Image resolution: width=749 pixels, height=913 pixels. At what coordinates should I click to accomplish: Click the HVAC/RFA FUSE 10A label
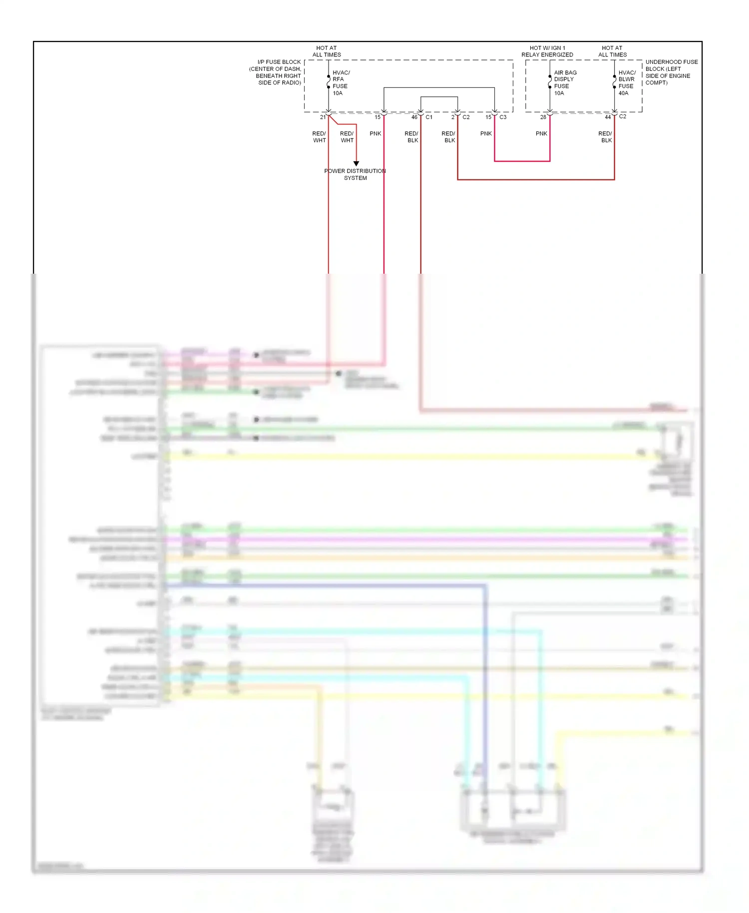coord(341,83)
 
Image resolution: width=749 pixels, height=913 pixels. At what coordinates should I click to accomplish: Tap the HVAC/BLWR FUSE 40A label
coord(627,83)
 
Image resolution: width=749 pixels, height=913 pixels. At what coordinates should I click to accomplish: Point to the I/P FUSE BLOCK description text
coord(276,72)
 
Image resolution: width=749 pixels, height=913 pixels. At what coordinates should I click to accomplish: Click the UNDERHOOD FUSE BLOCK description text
coord(671,72)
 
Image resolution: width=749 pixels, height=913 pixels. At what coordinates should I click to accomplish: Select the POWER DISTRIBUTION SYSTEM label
coord(355,174)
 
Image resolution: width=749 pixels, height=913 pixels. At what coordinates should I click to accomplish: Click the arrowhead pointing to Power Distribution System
coord(356,163)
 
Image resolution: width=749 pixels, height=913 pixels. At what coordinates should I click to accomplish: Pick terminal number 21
coord(323,117)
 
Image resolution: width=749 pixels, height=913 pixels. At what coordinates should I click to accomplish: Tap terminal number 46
coord(414,117)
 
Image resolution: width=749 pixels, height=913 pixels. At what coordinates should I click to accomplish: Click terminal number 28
coord(543,117)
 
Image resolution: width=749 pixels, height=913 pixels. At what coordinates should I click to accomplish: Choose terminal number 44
coord(608,117)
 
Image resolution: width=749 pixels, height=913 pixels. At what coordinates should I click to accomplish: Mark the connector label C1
coord(429,117)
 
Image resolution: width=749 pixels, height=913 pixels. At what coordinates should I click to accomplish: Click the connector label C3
coord(503,117)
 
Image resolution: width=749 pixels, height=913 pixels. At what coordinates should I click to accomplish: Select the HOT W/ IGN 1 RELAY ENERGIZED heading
coord(547,51)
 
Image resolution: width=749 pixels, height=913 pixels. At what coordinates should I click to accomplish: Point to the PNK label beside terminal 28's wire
coord(541,134)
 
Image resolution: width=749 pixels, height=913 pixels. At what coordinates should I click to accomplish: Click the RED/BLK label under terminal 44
coord(605,137)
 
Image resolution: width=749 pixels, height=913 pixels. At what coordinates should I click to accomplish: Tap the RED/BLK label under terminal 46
coord(411,137)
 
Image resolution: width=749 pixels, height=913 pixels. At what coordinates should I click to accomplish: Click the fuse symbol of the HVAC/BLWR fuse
coord(614,81)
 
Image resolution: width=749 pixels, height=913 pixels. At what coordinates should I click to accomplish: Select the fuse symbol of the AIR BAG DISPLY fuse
coord(550,81)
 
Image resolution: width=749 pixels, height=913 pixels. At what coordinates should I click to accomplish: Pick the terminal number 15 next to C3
coord(488,117)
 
